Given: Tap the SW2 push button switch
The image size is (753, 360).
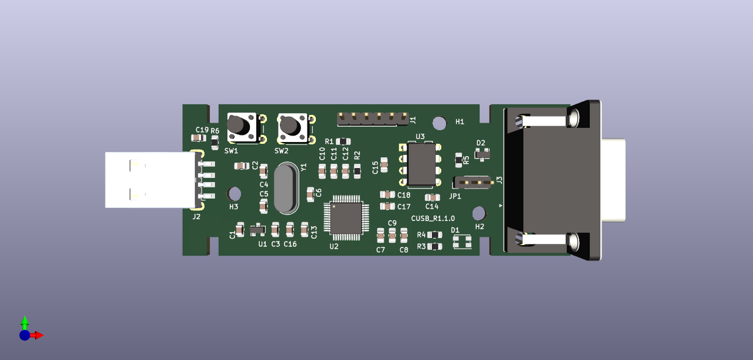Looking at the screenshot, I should [293, 128].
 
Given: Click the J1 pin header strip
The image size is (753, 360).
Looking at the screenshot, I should [372, 118].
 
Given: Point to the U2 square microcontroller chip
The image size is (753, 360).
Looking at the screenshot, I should [346, 217].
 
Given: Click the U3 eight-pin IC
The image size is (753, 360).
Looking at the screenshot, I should [421, 164].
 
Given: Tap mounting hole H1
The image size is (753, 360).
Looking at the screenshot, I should [439, 123].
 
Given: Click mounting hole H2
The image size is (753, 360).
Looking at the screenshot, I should [479, 213].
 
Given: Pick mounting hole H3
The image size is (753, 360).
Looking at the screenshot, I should [234, 193].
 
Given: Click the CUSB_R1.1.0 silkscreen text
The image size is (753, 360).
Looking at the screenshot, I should [433, 219].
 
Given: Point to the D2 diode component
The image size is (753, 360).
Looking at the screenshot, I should [483, 155].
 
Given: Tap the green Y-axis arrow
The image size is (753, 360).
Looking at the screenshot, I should [25, 323].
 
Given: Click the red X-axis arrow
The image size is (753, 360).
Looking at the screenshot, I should [37, 335].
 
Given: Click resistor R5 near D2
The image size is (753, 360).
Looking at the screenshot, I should [459, 159].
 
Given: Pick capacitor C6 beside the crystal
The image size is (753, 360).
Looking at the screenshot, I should [311, 193].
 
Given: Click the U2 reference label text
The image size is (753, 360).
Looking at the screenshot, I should [334, 247].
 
